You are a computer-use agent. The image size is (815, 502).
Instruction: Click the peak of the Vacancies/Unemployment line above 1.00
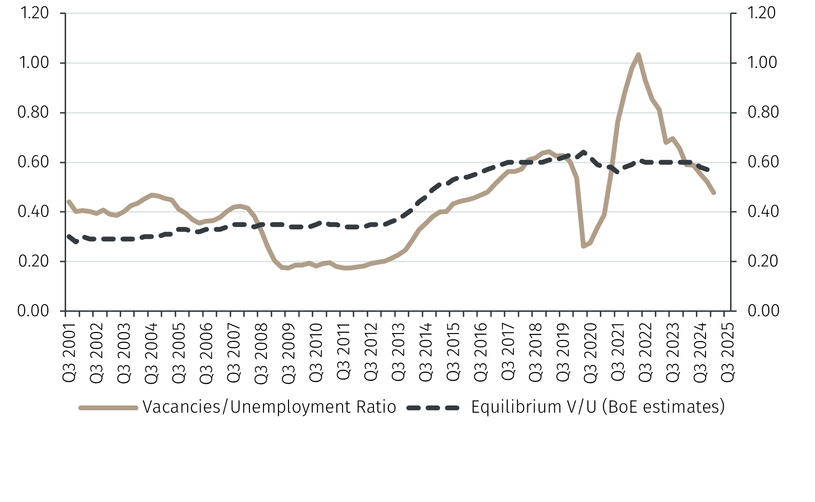[x=638, y=55]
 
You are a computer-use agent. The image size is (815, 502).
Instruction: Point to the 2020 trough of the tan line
[x=583, y=246]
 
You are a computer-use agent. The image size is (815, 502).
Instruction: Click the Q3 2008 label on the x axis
[x=261, y=353]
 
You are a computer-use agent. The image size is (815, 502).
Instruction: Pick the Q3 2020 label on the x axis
[x=590, y=353]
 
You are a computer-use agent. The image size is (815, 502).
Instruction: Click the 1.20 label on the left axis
[x=34, y=13]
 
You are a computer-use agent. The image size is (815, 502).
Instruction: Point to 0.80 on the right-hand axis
[x=763, y=112]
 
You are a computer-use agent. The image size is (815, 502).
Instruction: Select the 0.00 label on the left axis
[x=33, y=310]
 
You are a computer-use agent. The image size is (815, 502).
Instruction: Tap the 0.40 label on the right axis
[x=763, y=211]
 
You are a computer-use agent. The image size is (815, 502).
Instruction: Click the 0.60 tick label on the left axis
[x=33, y=162]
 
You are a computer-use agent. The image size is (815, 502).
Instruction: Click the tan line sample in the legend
[x=109, y=408]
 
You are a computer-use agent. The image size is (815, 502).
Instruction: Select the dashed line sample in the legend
[x=433, y=408]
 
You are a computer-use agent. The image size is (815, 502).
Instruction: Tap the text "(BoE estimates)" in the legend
[x=663, y=407]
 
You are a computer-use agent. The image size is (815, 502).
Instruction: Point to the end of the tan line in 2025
[x=713, y=193]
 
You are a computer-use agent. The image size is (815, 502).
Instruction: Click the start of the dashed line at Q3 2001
[x=68, y=236]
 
